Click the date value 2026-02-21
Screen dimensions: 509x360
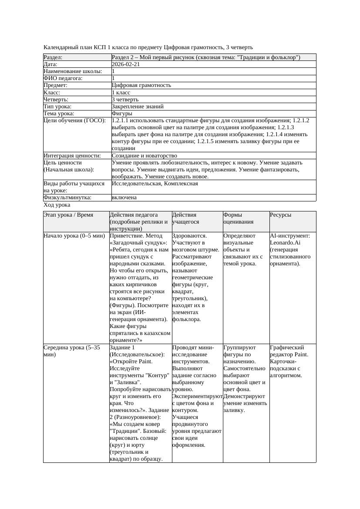coord(126,64)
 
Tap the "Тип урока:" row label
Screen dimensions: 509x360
coord(57,107)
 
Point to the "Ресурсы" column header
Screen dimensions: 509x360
coord(281,215)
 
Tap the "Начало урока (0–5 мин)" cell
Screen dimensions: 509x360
coord(74,236)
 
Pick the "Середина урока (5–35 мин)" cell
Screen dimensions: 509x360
coord(71,351)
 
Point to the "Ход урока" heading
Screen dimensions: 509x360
coord(57,205)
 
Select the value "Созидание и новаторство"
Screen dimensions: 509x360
coord(144,156)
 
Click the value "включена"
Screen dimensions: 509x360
coord(124,198)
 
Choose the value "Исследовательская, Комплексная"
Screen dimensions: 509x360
coord(155,184)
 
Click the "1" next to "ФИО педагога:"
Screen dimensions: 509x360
coord(113,78)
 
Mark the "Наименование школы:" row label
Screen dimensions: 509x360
coord(73,71)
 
